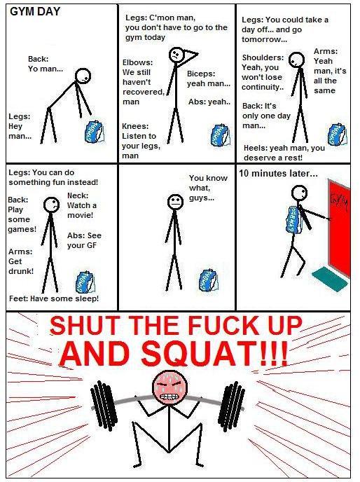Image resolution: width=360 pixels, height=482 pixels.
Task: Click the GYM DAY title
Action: pos(35,12)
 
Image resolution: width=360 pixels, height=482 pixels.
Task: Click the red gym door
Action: pos(339,228)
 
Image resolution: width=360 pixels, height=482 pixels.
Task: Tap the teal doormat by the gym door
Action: pos(331,277)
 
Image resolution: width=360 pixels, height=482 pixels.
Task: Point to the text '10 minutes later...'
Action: pos(278,174)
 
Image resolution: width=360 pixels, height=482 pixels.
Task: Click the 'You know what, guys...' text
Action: pos(208,188)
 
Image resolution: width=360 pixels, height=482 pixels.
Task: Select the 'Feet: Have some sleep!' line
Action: pos(54,298)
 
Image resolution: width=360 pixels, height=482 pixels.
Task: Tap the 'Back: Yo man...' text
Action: pos(46,64)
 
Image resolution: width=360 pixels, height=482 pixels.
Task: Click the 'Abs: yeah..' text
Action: pos(209,102)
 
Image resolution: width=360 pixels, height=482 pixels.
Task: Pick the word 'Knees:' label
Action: pos(135,126)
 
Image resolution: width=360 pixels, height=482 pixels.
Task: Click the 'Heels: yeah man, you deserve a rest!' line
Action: pos(284,153)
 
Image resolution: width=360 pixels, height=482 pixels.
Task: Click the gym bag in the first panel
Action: pos(95,132)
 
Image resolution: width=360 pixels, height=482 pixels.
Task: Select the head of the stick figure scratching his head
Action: pos(176,55)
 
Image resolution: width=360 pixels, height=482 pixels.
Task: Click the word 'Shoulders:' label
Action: pos(263,57)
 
